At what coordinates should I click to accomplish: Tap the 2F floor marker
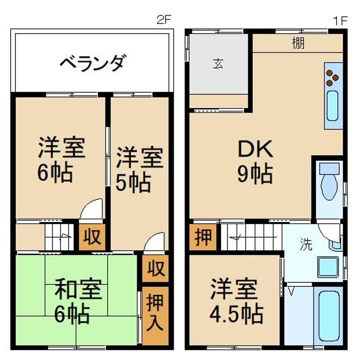click(164, 20)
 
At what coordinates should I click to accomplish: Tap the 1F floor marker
click(340, 21)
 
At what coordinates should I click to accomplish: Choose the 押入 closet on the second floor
click(155, 316)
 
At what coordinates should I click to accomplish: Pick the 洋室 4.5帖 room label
click(236, 301)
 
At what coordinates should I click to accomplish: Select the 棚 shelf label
click(298, 43)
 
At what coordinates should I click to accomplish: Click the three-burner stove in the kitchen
click(332, 77)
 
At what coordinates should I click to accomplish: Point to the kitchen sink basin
click(332, 106)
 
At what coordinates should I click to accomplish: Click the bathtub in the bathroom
click(329, 316)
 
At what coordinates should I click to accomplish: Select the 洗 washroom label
click(306, 245)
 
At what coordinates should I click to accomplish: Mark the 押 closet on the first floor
click(203, 237)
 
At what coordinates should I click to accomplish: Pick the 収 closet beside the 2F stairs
click(92, 237)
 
